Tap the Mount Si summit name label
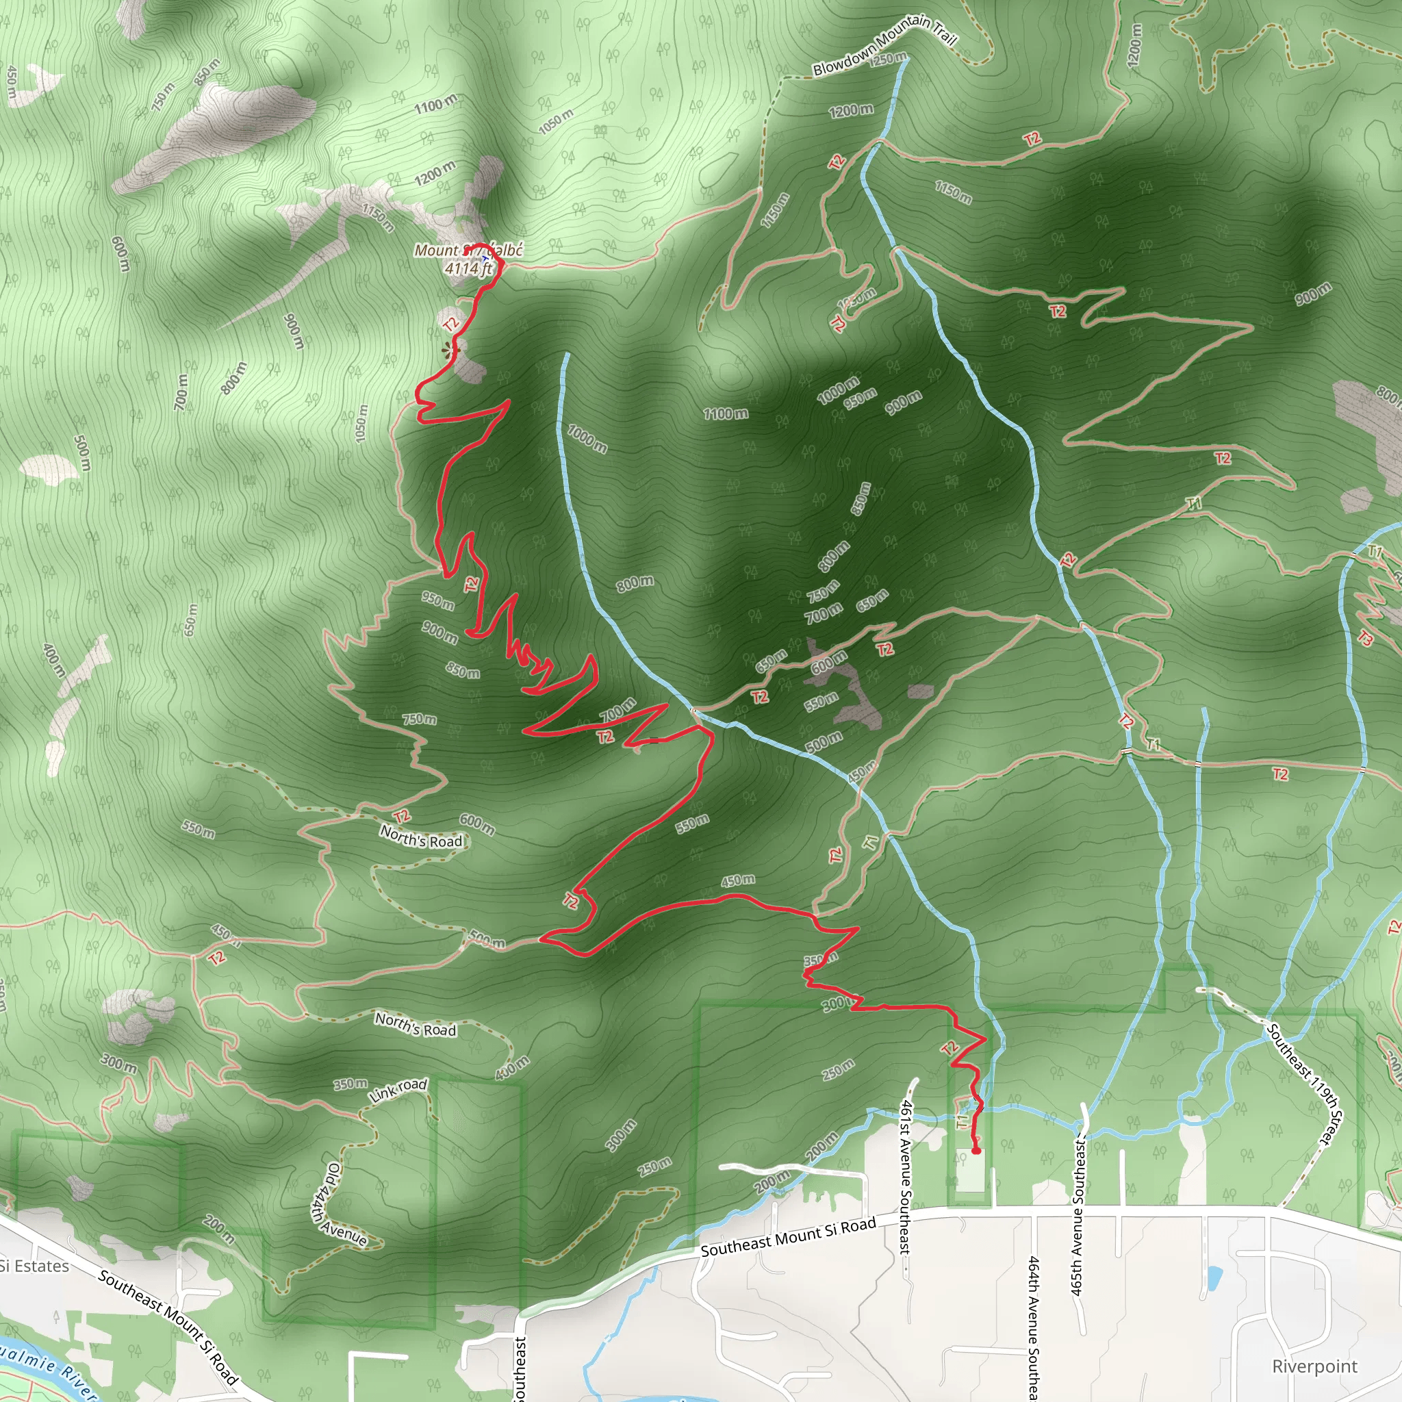[x=468, y=251]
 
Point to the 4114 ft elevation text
[x=468, y=268]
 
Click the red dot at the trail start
[x=976, y=1150]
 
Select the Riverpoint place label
[x=1314, y=1366]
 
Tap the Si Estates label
[x=34, y=1266]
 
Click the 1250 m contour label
[x=887, y=58]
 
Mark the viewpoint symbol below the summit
[x=451, y=351]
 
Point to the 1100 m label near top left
[x=435, y=105]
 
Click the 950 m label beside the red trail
[x=437, y=600]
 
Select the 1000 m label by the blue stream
[x=587, y=438]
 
